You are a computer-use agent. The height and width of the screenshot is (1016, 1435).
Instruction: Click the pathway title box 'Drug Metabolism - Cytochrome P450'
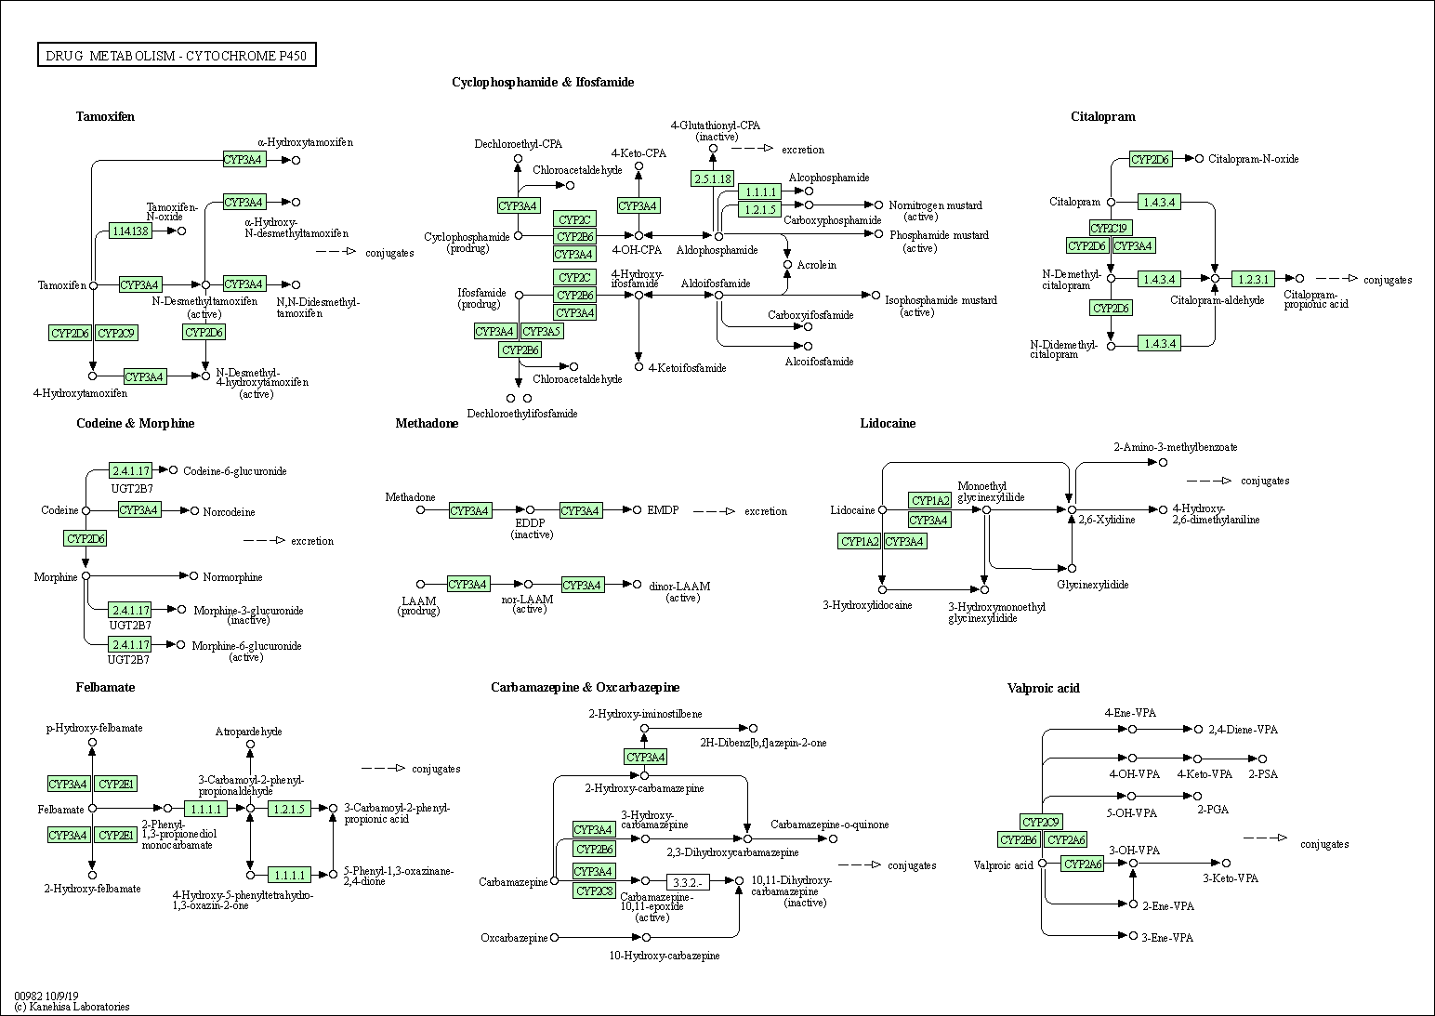click(177, 56)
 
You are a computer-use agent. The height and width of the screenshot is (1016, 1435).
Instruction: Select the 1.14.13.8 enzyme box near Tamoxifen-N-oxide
click(130, 231)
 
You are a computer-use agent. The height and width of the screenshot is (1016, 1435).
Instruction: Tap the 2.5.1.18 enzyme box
click(713, 178)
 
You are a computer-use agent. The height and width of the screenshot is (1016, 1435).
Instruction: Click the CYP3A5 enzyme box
click(541, 332)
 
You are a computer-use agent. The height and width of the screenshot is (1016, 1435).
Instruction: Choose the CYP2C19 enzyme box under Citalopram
click(1111, 228)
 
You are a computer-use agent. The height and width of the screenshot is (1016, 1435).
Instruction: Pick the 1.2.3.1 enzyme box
click(1253, 279)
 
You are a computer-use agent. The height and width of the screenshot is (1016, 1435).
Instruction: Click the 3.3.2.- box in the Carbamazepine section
click(688, 881)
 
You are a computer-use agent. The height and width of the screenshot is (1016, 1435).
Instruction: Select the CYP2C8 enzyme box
click(594, 891)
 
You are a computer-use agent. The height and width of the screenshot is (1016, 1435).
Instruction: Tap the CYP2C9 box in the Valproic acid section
click(1041, 822)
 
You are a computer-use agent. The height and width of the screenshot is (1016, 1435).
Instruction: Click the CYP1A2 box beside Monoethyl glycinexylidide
click(929, 501)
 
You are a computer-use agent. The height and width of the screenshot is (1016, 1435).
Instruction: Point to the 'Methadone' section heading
click(427, 424)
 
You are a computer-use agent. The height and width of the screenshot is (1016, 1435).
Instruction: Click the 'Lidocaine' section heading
click(888, 424)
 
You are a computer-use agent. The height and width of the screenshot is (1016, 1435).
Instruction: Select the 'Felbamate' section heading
click(105, 688)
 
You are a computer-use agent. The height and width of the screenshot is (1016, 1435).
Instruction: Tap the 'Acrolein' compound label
click(816, 265)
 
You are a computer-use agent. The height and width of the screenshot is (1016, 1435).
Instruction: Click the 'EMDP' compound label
click(663, 510)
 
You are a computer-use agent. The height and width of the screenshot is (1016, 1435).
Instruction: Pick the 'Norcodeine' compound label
click(229, 512)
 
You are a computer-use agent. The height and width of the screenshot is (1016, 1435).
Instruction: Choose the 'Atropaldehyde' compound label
click(248, 732)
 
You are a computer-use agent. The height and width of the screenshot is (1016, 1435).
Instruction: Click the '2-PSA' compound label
click(1263, 774)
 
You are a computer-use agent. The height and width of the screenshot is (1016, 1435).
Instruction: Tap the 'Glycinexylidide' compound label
click(1092, 585)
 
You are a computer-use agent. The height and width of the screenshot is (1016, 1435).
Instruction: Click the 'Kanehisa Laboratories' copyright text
click(72, 1007)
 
